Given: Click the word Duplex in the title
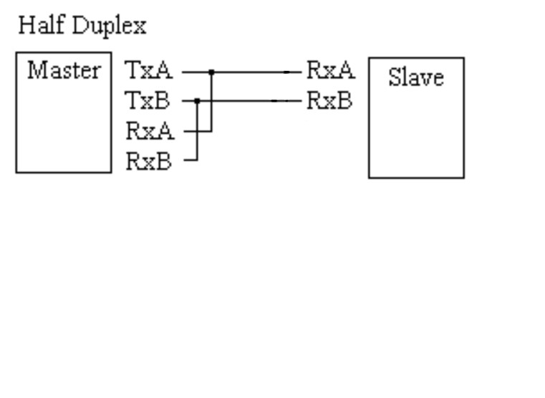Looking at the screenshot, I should click(x=111, y=27).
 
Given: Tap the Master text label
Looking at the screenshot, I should click(x=64, y=71).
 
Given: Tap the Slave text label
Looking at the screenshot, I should click(x=416, y=77).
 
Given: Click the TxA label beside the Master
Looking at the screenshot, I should click(x=149, y=71).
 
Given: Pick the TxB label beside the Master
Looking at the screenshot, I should click(x=148, y=101).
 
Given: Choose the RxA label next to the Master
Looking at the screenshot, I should click(x=150, y=131).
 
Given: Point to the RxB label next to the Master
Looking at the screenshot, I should click(x=149, y=161).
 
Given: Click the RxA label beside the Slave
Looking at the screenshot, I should click(x=330, y=71).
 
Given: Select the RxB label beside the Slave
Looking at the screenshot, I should click(x=329, y=101).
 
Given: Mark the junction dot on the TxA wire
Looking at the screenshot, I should click(x=211, y=72).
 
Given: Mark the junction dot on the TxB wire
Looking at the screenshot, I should click(x=196, y=101).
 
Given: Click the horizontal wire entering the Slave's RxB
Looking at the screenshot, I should click(x=251, y=101).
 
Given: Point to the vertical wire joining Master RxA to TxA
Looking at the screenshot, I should click(x=211, y=108).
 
